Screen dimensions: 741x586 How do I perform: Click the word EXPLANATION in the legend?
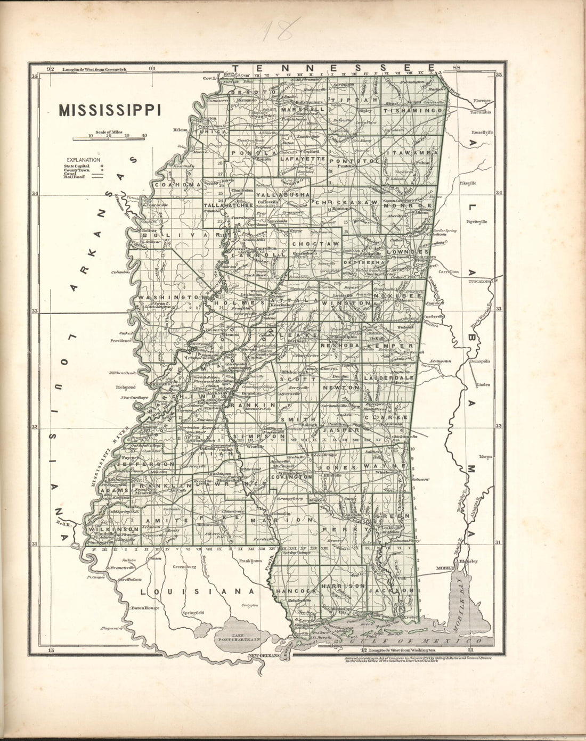(x=83, y=159)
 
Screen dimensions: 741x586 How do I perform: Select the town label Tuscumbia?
(x=481, y=112)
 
